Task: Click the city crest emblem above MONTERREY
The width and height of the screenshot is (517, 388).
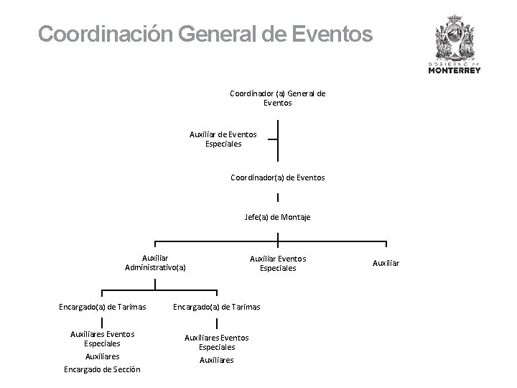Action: [455, 39]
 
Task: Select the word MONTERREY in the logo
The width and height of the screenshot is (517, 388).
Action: [455, 70]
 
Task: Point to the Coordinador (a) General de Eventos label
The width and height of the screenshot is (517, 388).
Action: [277, 98]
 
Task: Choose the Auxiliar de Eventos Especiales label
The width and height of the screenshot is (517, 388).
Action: [223, 139]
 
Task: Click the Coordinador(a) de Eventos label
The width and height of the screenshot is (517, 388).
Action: [277, 177]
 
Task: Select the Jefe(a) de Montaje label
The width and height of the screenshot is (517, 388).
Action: [277, 217]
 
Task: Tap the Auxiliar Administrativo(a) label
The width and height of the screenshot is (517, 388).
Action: [155, 263]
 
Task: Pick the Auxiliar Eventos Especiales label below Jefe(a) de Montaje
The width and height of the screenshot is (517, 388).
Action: [277, 263]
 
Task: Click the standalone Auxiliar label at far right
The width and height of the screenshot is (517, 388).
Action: [386, 263]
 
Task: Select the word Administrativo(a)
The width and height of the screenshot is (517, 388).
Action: [155, 268]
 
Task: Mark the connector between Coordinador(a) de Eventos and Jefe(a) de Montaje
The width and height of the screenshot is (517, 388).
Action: [277, 198]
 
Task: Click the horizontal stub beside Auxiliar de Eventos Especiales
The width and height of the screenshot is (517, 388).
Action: [271, 139]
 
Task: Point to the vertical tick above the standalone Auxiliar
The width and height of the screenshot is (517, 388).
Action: [386, 246]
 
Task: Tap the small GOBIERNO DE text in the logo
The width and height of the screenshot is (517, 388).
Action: [455, 63]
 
